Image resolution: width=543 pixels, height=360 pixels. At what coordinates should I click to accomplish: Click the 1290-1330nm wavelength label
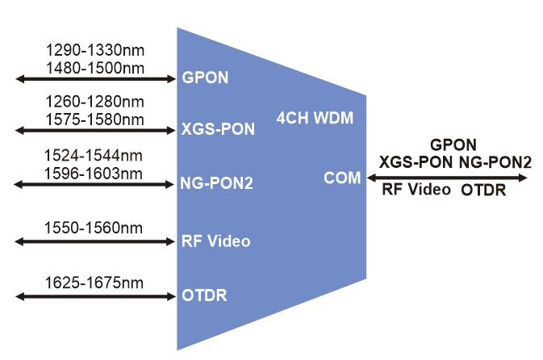tap(95, 50)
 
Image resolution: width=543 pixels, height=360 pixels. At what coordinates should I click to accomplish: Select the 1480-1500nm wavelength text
tap(95, 68)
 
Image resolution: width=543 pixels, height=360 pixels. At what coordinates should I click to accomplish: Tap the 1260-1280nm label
tap(95, 102)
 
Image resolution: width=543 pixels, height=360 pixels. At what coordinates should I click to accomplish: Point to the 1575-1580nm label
tap(95, 119)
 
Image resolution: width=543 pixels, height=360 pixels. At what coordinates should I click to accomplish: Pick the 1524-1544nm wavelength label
tap(94, 156)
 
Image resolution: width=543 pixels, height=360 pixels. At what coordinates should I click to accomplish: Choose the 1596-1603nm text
tap(94, 174)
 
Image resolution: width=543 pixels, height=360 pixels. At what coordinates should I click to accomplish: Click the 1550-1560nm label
tap(94, 228)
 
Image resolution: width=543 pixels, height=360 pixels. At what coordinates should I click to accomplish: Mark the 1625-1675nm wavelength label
tap(94, 283)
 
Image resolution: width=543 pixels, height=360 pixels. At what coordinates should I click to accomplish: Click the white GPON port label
tap(205, 77)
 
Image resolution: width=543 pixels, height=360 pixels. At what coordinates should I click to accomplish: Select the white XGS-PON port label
tap(218, 129)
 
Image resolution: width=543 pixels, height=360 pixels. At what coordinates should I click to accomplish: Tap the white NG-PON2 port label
tap(217, 183)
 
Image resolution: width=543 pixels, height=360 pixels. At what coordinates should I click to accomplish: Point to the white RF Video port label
tap(215, 241)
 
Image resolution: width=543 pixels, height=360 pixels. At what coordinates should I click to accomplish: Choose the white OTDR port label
tap(204, 295)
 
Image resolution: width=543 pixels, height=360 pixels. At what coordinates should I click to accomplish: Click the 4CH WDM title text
tap(315, 118)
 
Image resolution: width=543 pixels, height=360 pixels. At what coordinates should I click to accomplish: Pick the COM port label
tap(342, 178)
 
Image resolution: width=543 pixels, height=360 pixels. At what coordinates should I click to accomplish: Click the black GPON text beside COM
tap(453, 144)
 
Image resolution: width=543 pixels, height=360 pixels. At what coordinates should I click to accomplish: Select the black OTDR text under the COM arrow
tap(483, 190)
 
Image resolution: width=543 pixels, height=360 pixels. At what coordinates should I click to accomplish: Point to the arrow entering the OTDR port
tap(95, 296)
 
